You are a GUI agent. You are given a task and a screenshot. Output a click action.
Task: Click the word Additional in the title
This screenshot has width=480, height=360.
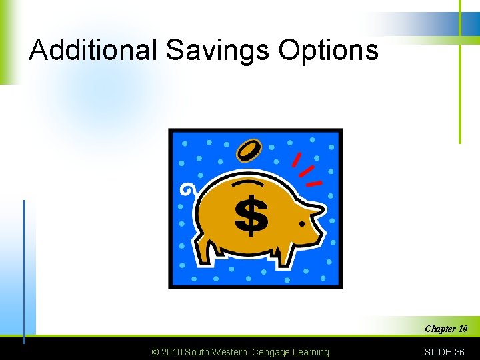click(x=93, y=50)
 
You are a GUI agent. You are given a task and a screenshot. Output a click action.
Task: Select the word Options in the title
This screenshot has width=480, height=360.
click(x=329, y=50)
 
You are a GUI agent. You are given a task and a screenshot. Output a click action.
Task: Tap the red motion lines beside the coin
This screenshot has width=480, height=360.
click(x=305, y=169)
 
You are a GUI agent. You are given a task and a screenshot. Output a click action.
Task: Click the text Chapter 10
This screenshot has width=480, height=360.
click(x=446, y=329)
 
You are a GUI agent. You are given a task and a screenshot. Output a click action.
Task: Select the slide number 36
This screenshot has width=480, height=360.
click(x=459, y=352)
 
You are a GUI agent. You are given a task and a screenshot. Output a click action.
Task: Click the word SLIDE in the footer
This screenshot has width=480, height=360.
click(x=438, y=352)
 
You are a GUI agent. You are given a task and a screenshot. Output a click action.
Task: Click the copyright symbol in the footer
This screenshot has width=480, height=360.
click(x=156, y=352)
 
